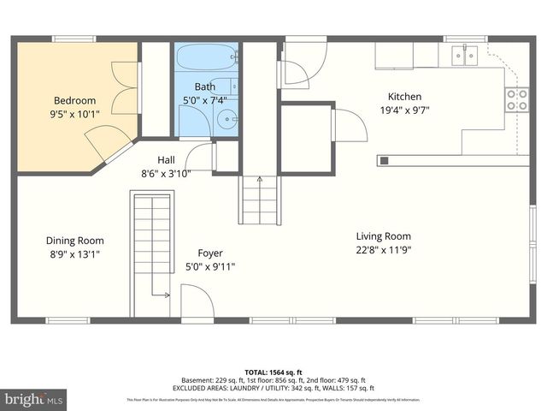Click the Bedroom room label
74,100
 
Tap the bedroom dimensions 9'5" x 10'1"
74,112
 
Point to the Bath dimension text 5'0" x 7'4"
205,99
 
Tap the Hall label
167,160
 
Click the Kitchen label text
404,97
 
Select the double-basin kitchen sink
465,56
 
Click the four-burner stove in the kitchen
515,100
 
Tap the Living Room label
384,236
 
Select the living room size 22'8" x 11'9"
384,249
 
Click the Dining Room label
75,241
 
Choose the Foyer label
210,253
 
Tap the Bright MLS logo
34,399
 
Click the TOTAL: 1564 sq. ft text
273,371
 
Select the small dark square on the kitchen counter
384,159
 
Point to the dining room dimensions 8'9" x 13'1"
75,253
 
